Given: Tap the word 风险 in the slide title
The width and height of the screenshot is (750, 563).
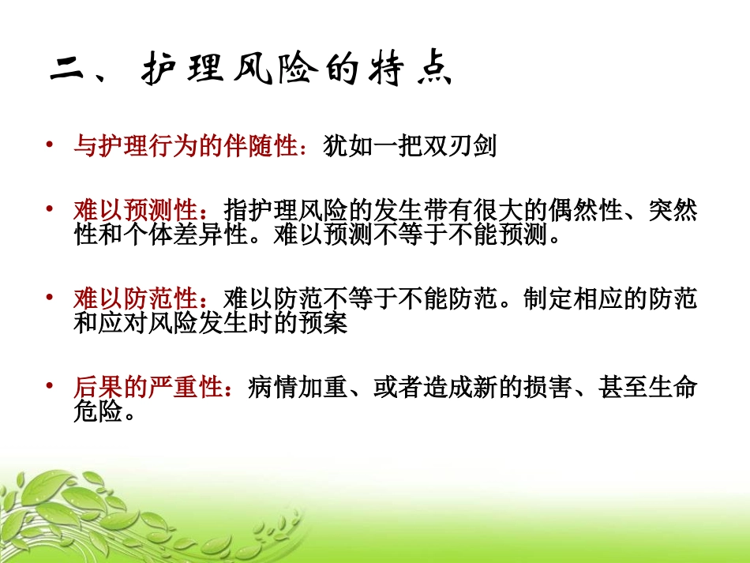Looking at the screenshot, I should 276,71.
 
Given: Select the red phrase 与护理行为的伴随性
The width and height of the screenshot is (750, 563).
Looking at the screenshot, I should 185,146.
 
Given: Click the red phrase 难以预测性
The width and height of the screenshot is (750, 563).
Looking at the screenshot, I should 135,211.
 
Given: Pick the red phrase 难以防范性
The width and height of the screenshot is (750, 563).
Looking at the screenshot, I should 135,299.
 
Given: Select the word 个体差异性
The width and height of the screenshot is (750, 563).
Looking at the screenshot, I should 186,235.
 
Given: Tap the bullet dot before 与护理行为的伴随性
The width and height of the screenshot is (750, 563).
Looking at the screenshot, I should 50,144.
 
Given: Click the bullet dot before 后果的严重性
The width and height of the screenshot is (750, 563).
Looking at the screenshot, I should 50,385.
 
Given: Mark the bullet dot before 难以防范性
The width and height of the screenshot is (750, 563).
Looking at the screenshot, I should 50,297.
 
